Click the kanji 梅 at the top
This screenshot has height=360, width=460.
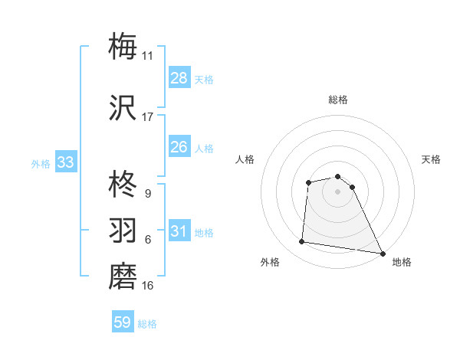click(123, 46)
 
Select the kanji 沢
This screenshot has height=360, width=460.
click(123, 108)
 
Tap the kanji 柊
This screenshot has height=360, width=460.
click(123, 185)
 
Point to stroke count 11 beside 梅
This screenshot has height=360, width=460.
click(147, 56)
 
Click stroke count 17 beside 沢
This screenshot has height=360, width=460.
click(147, 117)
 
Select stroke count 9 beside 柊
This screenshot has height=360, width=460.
click(147, 194)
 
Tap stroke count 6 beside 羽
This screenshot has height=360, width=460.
click(147, 240)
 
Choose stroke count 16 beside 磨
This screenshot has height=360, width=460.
click(147, 286)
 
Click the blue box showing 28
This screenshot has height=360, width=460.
click(179, 78)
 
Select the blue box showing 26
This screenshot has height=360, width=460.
click(179, 147)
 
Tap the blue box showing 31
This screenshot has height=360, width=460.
click(179, 231)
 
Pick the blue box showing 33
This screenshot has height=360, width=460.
click(65, 162)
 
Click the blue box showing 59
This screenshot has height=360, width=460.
click(123, 322)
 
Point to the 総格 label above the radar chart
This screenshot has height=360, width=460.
click(338, 100)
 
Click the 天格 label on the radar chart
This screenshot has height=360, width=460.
click(431, 159)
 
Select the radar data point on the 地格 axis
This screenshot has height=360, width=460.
click(383, 253)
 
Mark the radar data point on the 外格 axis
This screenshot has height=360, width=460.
click(302, 242)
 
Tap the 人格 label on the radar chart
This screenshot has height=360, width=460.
click(245, 159)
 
